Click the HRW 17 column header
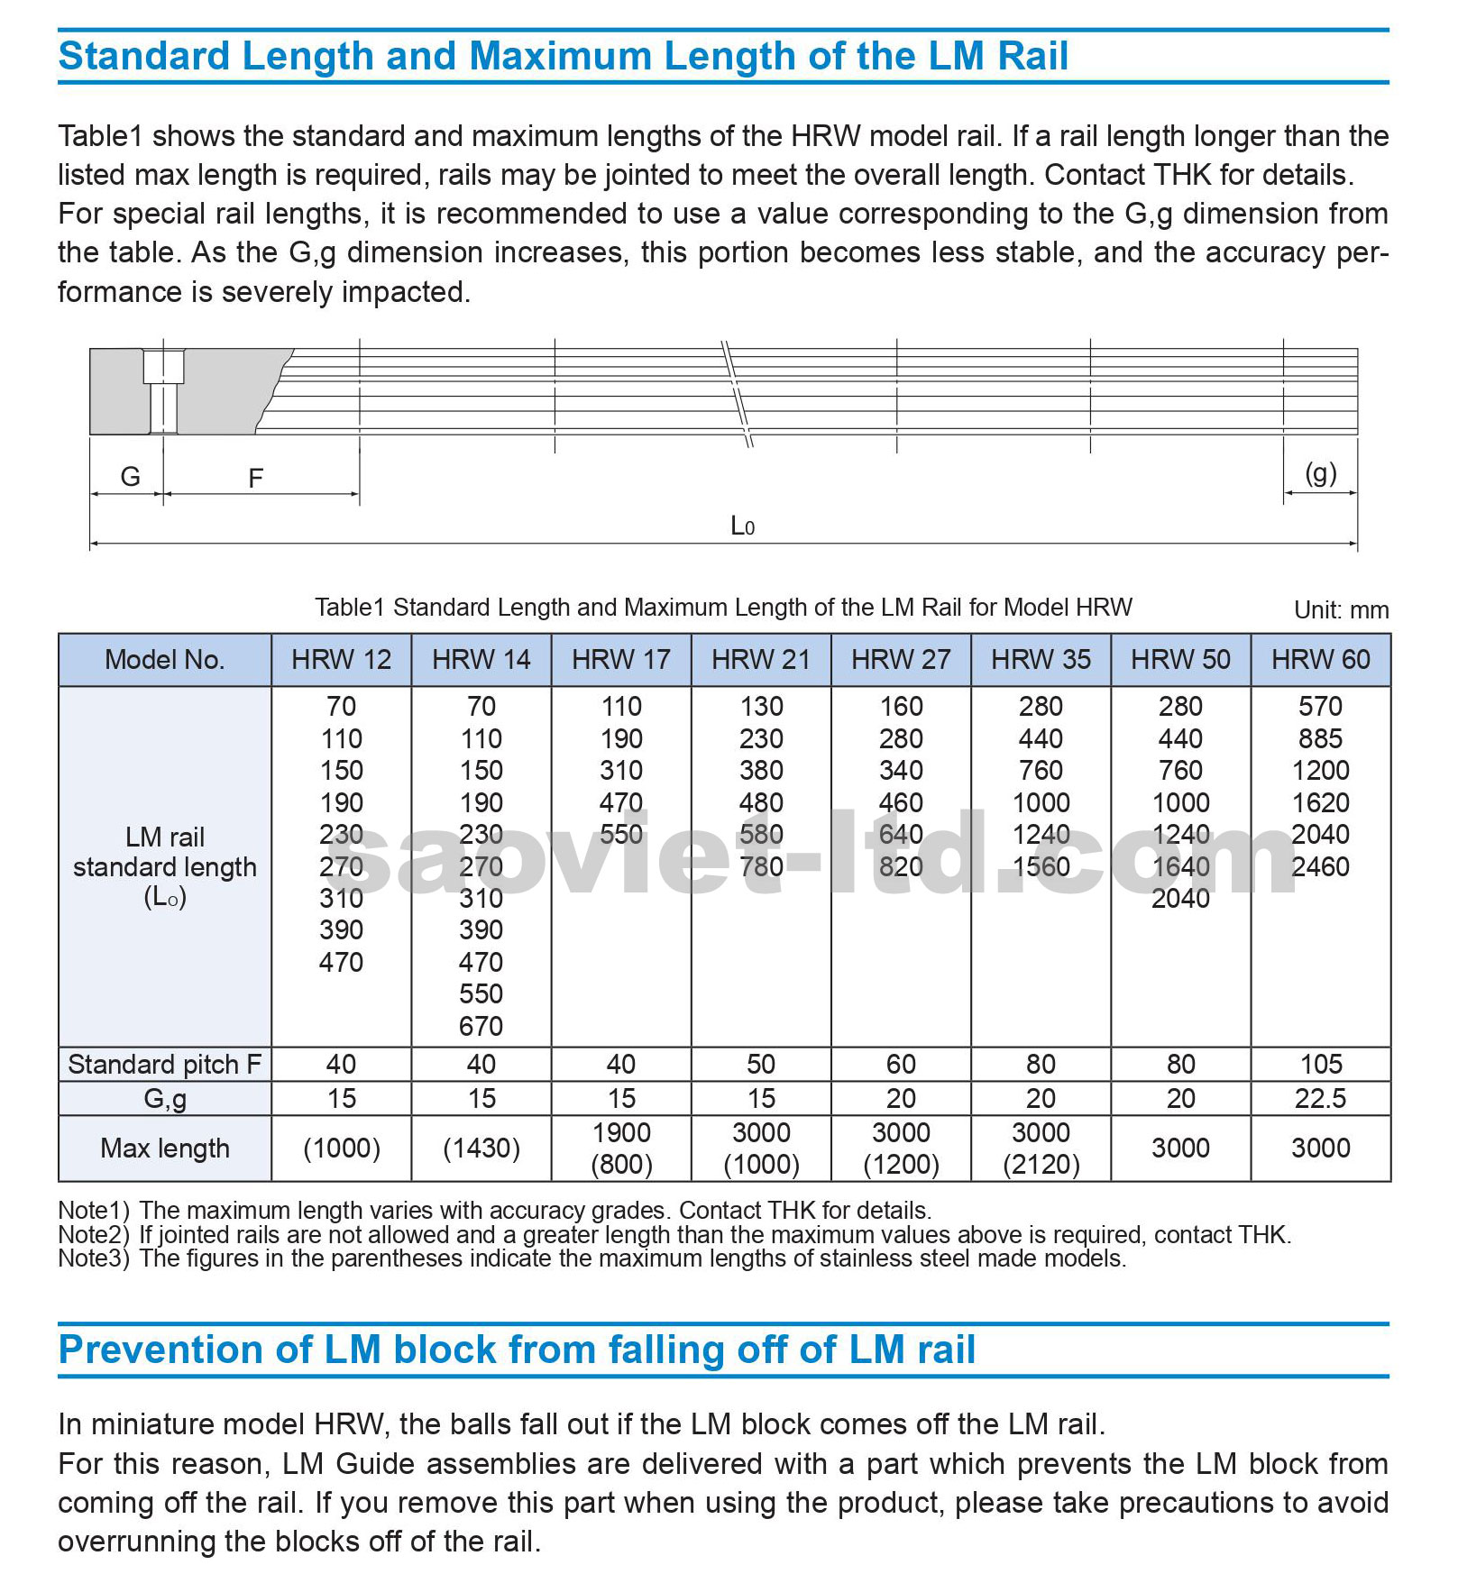620,660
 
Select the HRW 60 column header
1320,660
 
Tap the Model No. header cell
164,660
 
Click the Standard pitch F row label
164,1065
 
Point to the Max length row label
164,1148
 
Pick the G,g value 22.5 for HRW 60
1320,1099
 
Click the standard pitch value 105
1320,1065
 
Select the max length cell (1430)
481,1148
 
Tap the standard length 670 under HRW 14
481,1026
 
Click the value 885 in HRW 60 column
1320,739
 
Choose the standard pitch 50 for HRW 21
760,1065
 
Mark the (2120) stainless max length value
1041,1165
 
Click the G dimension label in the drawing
130,477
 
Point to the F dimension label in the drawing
255,479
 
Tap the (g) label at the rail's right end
1320,474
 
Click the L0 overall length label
742,526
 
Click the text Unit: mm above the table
1341,610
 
